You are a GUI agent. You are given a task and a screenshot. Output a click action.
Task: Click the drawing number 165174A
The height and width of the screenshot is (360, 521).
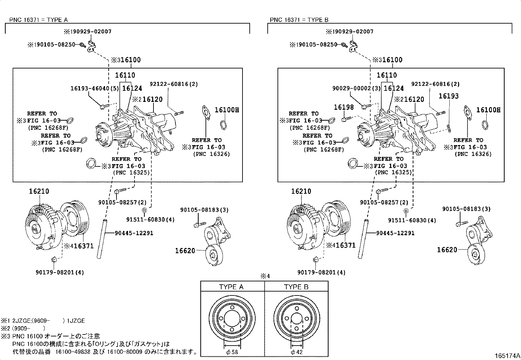pyautogui.click(x=507, y=355)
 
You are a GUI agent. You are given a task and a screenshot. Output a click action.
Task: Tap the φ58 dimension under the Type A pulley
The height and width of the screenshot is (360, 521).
pyautogui.click(x=232, y=352)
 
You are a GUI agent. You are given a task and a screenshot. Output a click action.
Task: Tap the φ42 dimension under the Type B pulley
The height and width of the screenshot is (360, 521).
pyautogui.click(x=297, y=352)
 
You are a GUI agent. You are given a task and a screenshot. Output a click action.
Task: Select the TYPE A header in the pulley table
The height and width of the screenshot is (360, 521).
pyautogui.click(x=231, y=287)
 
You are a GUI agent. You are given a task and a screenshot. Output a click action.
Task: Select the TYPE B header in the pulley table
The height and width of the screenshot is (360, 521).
pyautogui.click(x=296, y=287)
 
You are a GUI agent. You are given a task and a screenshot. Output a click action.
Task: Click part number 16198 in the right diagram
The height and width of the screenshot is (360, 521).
pyautogui.click(x=344, y=107)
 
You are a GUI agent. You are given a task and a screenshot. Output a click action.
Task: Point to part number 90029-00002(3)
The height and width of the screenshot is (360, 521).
pyautogui.click(x=352, y=88)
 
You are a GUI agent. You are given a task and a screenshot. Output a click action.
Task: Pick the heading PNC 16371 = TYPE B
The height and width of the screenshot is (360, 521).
pyautogui.click(x=299, y=20)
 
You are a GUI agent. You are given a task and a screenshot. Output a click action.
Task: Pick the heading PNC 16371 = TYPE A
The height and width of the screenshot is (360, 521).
pyautogui.click(x=38, y=20)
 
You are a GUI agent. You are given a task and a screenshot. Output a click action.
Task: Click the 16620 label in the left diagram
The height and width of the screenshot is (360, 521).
pyautogui.click(x=185, y=251)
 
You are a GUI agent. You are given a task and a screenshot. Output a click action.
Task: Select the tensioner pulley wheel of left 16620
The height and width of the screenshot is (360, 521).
pyautogui.click(x=214, y=255)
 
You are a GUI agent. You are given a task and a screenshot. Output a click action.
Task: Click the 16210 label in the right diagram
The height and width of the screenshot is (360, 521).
pyautogui.click(x=301, y=191)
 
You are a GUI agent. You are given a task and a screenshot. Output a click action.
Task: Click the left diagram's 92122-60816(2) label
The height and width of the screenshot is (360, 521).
pyautogui.click(x=173, y=84)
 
